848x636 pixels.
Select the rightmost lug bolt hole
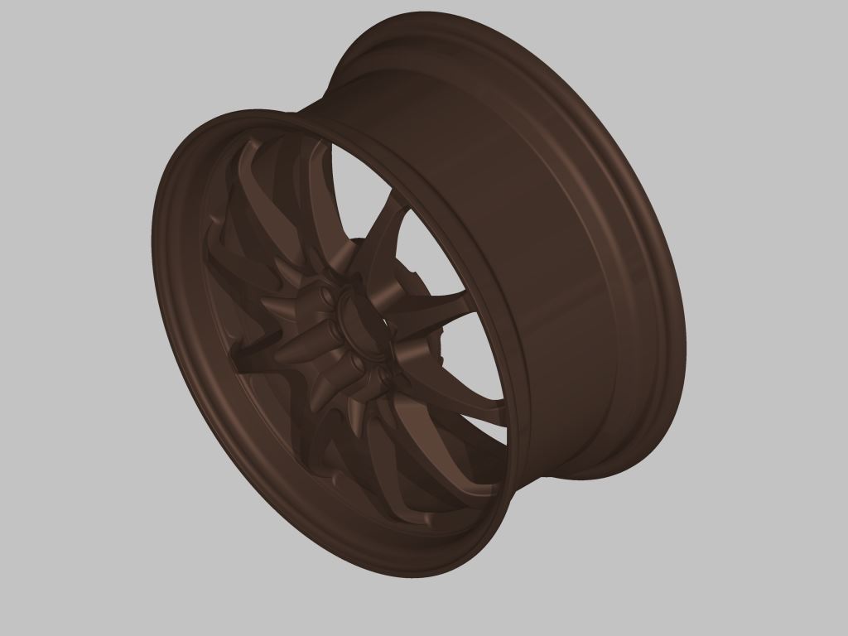tap(384, 377)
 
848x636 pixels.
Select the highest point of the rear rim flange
tap(431, 12)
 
